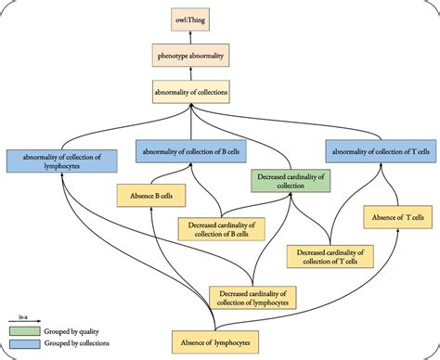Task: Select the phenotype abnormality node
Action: (x=220, y=57)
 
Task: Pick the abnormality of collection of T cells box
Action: (x=382, y=149)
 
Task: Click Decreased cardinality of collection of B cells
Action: (x=221, y=227)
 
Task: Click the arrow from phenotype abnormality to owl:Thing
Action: (x=220, y=37)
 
